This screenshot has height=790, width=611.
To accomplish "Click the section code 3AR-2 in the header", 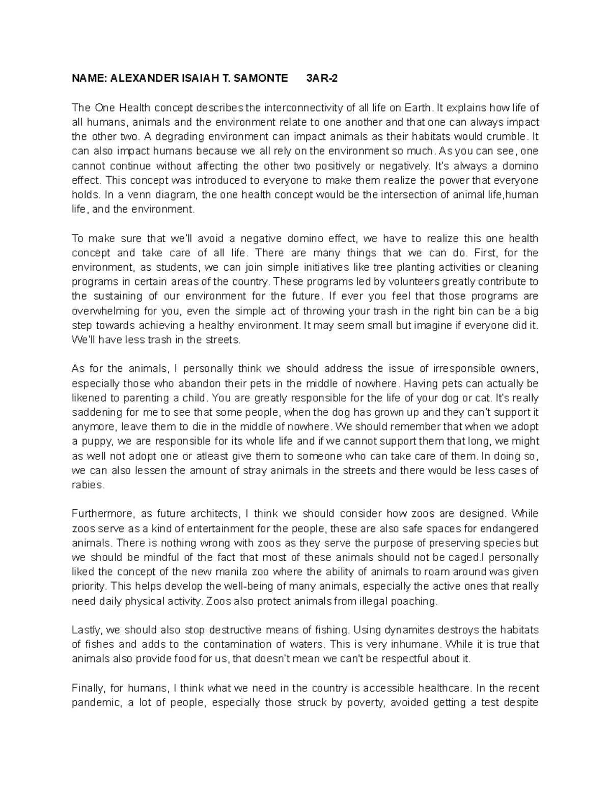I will (x=321, y=78).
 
